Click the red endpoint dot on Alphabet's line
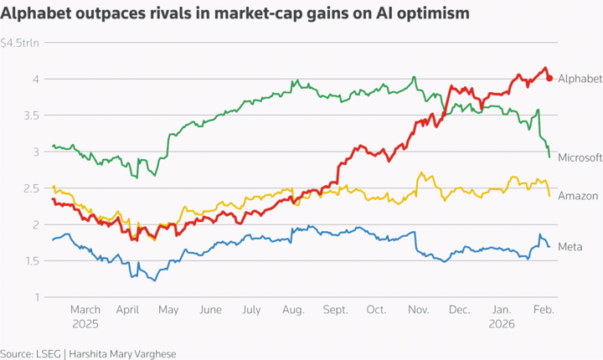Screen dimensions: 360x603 tap(549, 78)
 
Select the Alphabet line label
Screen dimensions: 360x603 tap(580, 78)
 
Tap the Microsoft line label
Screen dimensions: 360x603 tap(580, 157)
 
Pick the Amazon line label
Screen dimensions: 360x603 tap(577, 195)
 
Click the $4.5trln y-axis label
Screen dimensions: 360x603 tap(20, 43)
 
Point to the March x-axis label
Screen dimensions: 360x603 tap(85, 310)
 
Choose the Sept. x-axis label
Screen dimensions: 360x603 tap(334, 310)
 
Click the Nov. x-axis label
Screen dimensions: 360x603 tap(418, 310)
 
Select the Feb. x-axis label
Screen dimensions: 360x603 tap(544, 310)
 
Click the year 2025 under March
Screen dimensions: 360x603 tap(85, 323)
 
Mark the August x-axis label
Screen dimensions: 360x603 tap(292, 310)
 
